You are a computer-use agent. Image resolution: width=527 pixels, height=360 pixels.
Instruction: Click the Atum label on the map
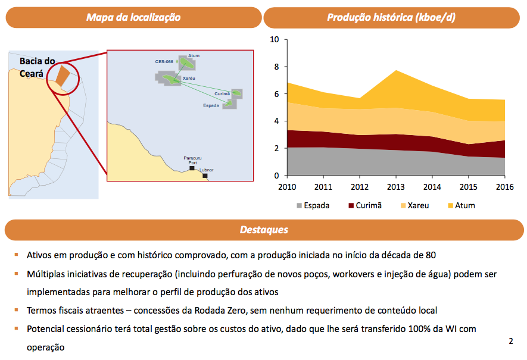coord(194,56)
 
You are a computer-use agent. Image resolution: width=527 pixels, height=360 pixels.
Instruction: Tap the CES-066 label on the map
coord(164,61)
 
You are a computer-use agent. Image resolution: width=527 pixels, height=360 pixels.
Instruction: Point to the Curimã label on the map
coord(222,93)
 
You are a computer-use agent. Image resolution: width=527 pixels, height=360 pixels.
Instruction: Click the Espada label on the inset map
coord(211,105)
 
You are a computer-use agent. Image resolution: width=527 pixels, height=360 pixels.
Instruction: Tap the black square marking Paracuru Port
coord(192,168)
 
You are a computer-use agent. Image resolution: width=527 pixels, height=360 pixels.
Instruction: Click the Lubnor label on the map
coord(206,170)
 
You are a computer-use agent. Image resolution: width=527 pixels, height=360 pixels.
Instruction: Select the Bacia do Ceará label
coord(37,67)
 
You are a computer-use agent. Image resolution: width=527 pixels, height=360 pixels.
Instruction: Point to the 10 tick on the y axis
coord(274,40)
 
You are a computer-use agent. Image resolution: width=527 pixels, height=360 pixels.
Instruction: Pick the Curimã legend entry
coord(364,206)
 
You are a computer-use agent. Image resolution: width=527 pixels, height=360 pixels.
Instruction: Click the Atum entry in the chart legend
coord(460,206)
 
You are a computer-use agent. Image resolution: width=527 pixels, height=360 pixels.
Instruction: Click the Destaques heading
coord(264,230)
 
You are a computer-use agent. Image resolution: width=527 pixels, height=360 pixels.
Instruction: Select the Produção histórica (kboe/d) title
coord(391,17)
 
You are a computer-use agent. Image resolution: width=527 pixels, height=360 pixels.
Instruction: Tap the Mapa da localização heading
coord(133,17)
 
